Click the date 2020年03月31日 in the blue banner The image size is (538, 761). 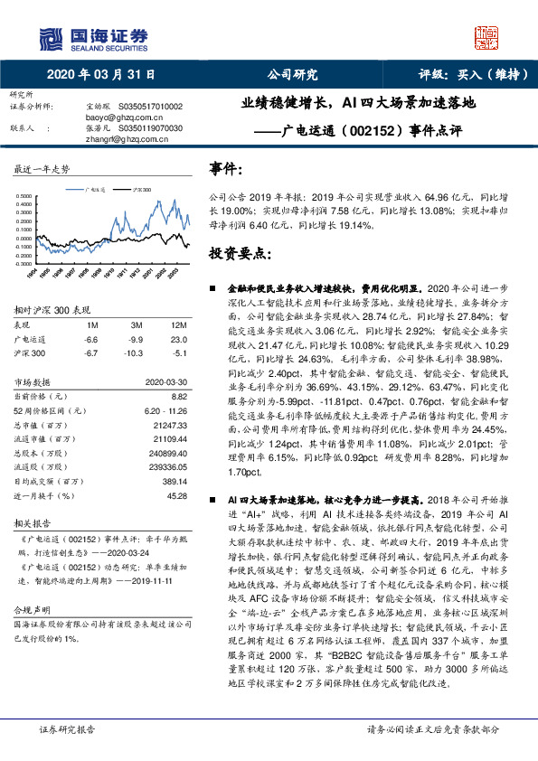[x=99, y=74]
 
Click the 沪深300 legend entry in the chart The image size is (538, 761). [x=137, y=192]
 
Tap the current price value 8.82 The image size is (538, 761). [x=178, y=396]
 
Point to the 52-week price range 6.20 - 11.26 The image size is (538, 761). [x=164, y=410]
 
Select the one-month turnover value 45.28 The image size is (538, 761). [x=176, y=495]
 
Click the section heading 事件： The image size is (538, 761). [x=226, y=169]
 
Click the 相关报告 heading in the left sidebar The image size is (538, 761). [x=33, y=523]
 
